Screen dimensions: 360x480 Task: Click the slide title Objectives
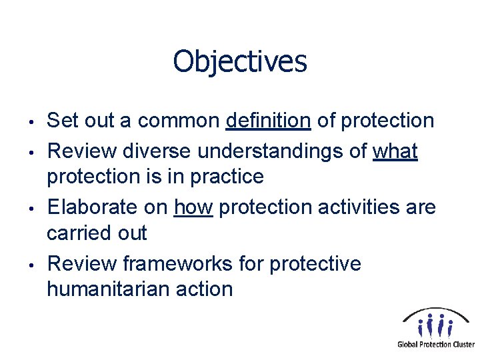pos(240,62)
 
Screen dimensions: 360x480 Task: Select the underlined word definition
pos(268,121)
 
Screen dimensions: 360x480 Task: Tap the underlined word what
pos(395,151)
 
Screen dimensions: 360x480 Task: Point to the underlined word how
pos(193,207)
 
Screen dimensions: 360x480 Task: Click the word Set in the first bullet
pos(63,121)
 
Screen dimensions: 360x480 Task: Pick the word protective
pos(315,265)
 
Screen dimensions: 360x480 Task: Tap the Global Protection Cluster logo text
pos(436,345)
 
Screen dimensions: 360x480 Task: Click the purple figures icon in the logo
pos(435,326)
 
